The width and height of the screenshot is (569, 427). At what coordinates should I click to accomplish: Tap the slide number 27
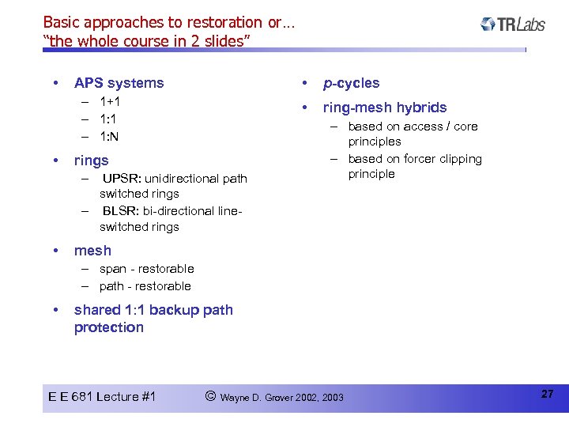click(x=547, y=394)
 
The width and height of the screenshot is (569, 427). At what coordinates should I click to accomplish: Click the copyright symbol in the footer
click(x=210, y=395)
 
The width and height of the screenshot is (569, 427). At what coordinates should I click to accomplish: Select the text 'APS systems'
click(x=119, y=83)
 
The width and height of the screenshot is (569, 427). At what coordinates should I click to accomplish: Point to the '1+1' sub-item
click(x=110, y=101)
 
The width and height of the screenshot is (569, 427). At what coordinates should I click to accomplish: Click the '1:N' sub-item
click(x=110, y=136)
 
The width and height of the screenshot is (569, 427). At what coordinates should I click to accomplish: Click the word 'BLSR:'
click(x=120, y=210)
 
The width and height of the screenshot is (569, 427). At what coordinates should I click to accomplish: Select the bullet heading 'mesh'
click(x=92, y=251)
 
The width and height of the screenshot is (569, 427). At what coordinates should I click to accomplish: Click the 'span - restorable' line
click(x=146, y=269)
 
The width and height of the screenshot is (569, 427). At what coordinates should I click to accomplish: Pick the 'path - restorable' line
click(x=145, y=286)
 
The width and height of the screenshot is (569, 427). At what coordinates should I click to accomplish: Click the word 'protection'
click(x=109, y=327)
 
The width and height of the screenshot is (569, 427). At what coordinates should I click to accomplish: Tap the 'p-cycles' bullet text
click(x=351, y=83)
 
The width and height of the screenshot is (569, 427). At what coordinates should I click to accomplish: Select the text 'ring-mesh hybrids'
click(x=384, y=108)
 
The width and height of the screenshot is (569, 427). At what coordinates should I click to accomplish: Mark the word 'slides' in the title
click(x=221, y=41)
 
